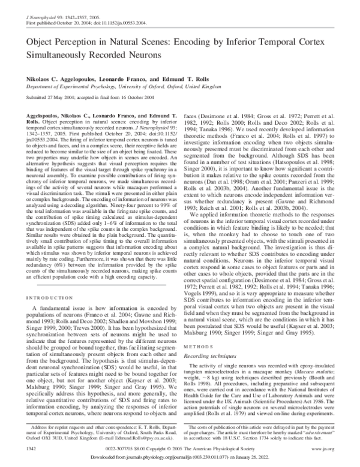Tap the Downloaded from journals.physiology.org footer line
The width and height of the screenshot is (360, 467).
180,457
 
